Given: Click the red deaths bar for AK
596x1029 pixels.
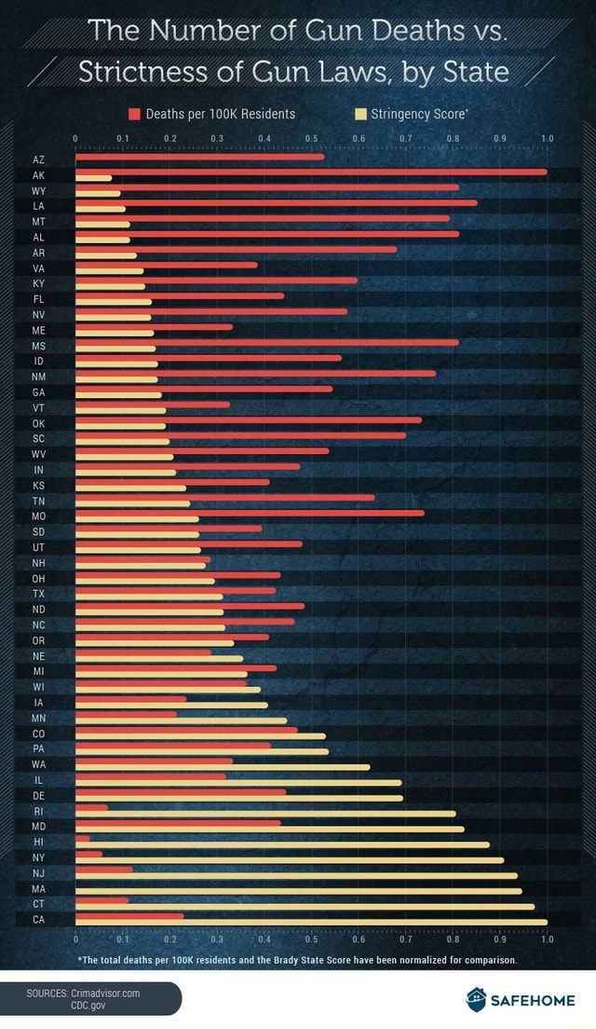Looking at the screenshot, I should click(310, 171).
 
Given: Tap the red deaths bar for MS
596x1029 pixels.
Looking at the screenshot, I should click(266, 342).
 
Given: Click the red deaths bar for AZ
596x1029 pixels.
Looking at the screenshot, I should click(199, 156).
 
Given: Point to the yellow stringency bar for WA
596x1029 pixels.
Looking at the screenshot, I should click(222, 767).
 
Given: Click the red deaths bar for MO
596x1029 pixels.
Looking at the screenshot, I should click(249, 513).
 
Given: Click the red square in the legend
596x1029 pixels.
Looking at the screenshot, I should click(134, 115).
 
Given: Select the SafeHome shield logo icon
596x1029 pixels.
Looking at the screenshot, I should click(476, 999).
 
